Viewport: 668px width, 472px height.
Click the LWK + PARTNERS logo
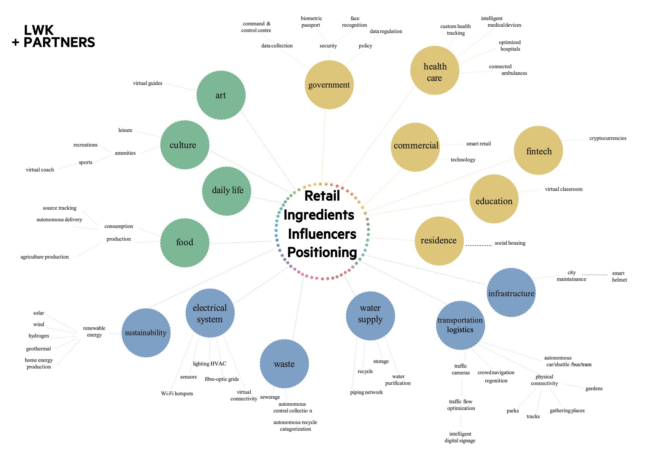[53, 36]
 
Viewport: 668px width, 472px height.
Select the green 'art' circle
[221, 95]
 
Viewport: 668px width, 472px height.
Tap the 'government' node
[329, 85]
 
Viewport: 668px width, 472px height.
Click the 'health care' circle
[435, 70]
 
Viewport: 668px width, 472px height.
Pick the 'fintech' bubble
[538, 150]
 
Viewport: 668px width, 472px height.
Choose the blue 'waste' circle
[284, 364]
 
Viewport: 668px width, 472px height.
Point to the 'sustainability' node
[146, 333]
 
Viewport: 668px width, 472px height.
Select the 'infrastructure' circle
[511, 292]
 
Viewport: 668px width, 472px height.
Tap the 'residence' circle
[439, 241]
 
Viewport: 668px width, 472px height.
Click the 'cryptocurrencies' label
[608, 138]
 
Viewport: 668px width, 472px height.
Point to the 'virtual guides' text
[148, 83]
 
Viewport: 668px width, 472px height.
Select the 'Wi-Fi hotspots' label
[177, 394]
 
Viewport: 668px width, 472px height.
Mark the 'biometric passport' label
[311, 22]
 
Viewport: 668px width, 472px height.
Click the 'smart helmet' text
[619, 276]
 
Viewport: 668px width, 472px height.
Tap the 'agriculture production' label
[45, 257]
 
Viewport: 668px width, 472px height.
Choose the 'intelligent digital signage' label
[460, 437]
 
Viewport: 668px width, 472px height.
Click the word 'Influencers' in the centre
[322, 234]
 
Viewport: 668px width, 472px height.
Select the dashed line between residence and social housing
[478, 246]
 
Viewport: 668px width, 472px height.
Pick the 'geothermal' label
[38, 349]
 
